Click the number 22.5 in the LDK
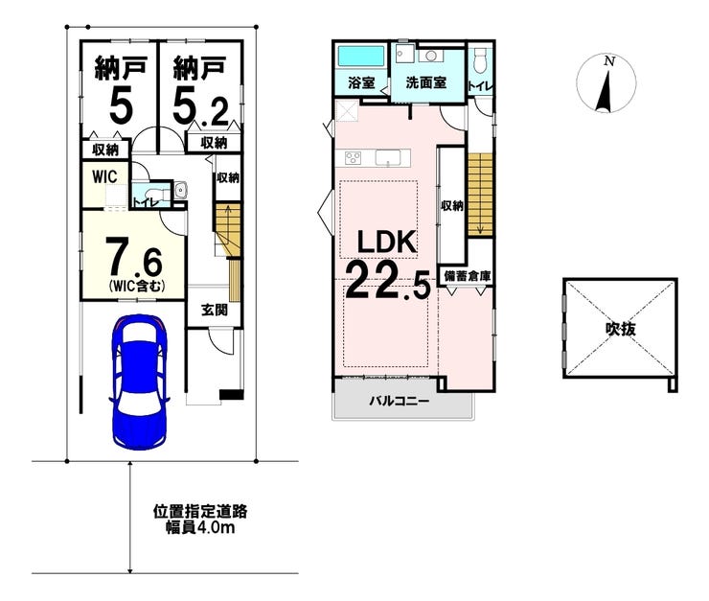coord(387,281)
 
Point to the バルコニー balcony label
coord(400,402)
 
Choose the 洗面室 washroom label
coord(426,82)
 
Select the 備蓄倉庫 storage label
coord(467,277)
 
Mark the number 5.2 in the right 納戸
coord(199,106)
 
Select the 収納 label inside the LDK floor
coord(452,205)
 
